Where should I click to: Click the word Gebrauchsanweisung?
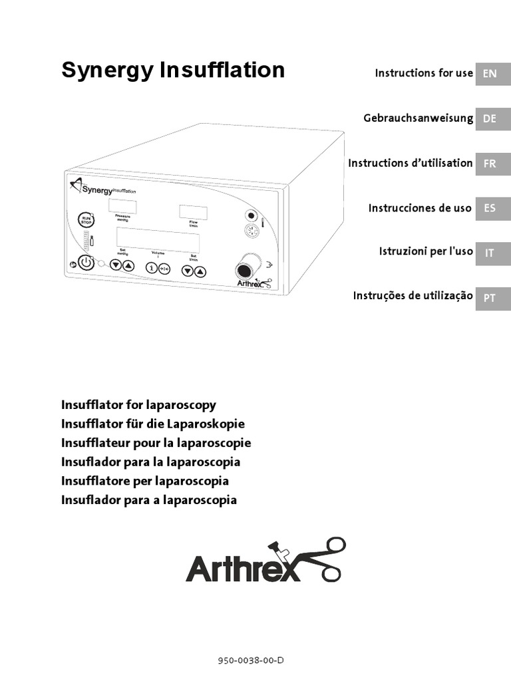(418, 118)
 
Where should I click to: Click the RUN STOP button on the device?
(85, 219)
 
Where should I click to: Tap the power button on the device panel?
(86, 263)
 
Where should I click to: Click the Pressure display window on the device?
(122, 205)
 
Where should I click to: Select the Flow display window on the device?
(193, 213)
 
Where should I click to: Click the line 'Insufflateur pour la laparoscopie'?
(156, 443)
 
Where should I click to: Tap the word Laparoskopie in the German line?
(208, 424)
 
